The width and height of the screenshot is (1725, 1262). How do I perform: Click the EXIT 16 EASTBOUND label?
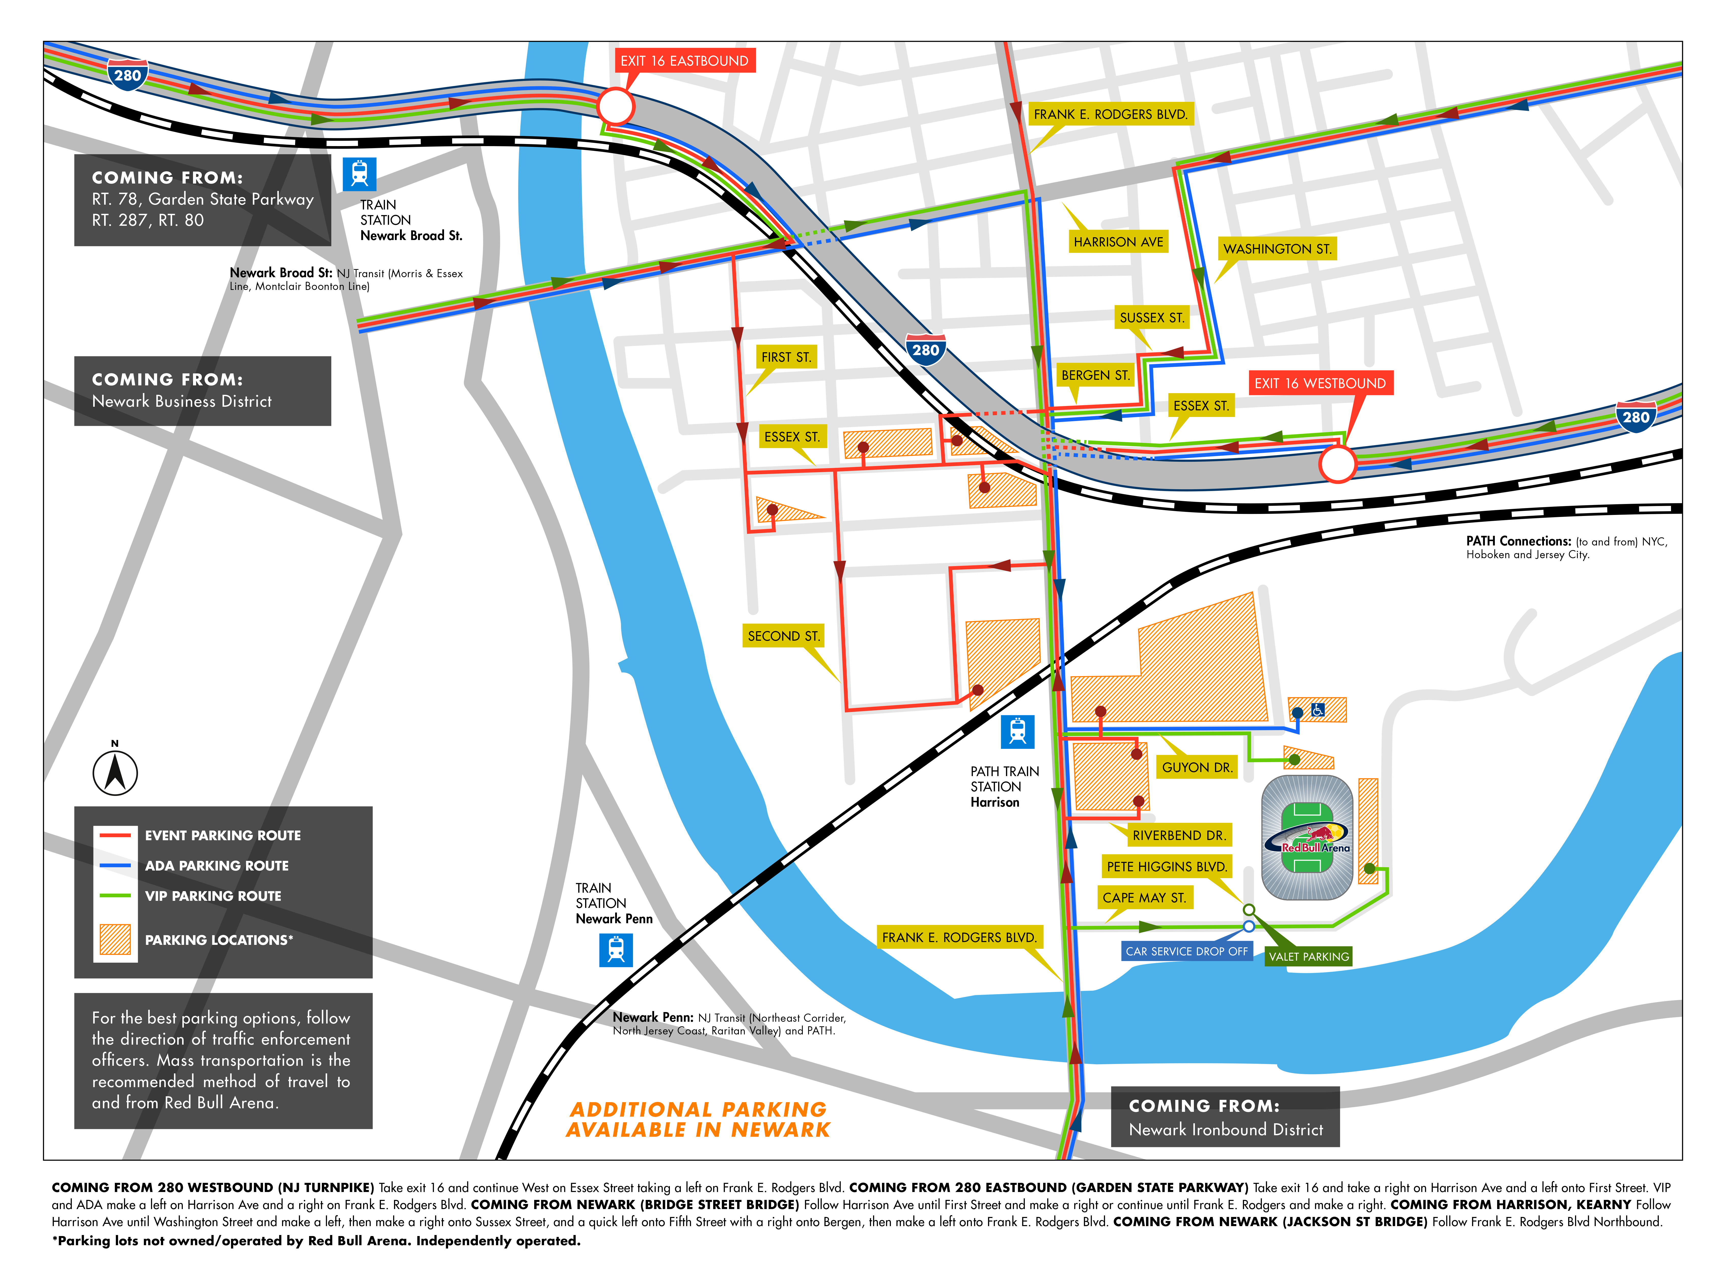[684, 61]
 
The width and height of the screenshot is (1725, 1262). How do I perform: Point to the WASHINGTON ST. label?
[1277, 249]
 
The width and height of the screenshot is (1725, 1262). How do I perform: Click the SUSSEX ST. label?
[1151, 318]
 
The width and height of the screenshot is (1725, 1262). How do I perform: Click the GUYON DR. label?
[1196, 768]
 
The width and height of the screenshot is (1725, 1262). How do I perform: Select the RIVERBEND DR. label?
[1179, 836]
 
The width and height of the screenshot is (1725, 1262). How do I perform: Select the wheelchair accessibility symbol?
[1318, 710]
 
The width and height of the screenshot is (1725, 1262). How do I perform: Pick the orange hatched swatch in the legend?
[115, 940]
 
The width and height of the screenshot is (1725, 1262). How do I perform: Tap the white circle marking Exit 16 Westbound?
[1337, 464]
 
